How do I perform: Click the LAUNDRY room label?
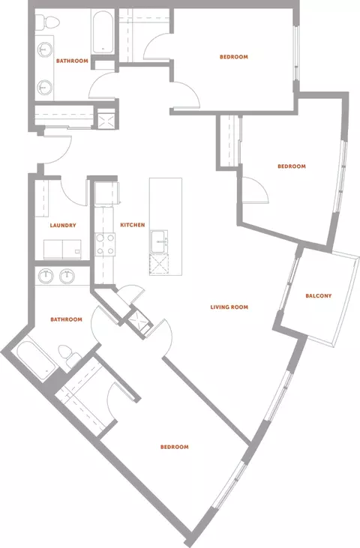[x=63, y=226]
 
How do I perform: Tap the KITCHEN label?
[x=133, y=225]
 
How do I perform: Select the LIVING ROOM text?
[x=229, y=307]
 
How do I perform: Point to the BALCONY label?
[x=319, y=295]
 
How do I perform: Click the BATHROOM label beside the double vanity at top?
[x=72, y=61]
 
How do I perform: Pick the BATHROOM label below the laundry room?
[x=67, y=319]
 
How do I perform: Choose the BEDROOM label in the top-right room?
[x=234, y=57]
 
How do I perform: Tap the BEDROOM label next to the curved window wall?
[x=292, y=166]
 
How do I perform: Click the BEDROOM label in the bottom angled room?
[x=175, y=447]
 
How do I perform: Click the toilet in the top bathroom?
[x=47, y=22]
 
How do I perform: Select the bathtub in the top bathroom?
[x=103, y=32]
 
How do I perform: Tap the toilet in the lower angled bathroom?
[x=69, y=355]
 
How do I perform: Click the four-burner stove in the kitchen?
[x=105, y=244]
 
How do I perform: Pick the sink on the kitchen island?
[x=159, y=241]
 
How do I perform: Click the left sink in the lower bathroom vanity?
[x=46, y=276]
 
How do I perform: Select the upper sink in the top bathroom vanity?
[x=44, y=49]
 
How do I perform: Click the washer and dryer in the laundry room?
[x=62, y=249]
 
